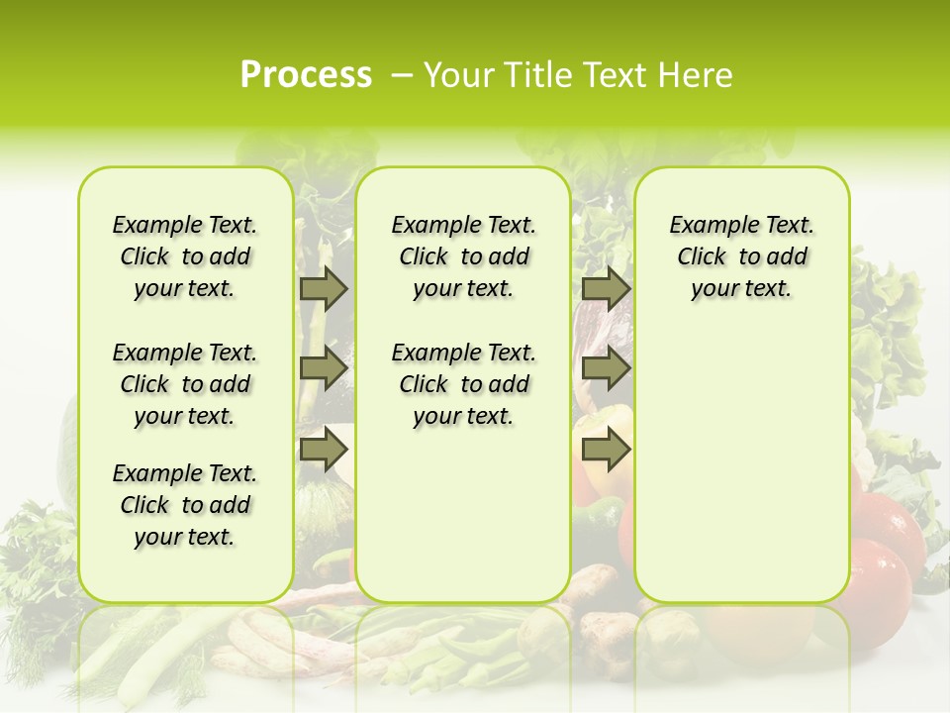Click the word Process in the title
[x=306, y=75]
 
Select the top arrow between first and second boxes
[x=324, y=288]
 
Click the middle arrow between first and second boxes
[x=324, y=368]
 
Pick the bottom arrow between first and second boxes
[x=324, y=450]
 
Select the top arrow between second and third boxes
[x=606, y=288]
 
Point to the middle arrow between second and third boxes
[x=606, y=368]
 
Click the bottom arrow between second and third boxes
[x=606, y=450]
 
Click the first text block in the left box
[x=185, y=256]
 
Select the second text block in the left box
[x=185, y=384]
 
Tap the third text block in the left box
[x=185, y=505]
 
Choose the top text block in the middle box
[x=463, y=256]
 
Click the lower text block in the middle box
[x=463, y=384]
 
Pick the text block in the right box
[x=741, y=256]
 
